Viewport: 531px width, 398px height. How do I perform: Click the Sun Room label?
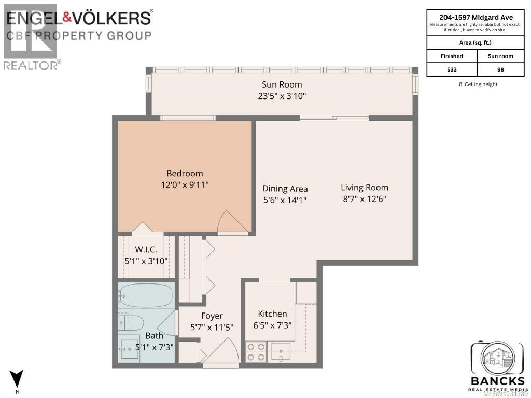click(282, 84)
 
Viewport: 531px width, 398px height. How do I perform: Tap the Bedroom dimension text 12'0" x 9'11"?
click(185, 184)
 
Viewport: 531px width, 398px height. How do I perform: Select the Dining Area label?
click(285, 189)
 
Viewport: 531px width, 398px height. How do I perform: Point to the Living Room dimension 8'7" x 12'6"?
click(364, 198)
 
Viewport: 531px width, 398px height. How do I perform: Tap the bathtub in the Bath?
click(146, 296)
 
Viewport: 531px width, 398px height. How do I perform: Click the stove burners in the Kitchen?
click(255, 352)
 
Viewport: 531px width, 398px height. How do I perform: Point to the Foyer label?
click(212, 316)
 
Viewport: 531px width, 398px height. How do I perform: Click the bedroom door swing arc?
click(231, 222)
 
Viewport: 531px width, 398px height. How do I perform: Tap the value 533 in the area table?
click(451, 69)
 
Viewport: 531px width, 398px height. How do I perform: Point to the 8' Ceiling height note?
click(475, 84)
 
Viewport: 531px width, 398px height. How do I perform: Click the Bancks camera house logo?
click(496, 358)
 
